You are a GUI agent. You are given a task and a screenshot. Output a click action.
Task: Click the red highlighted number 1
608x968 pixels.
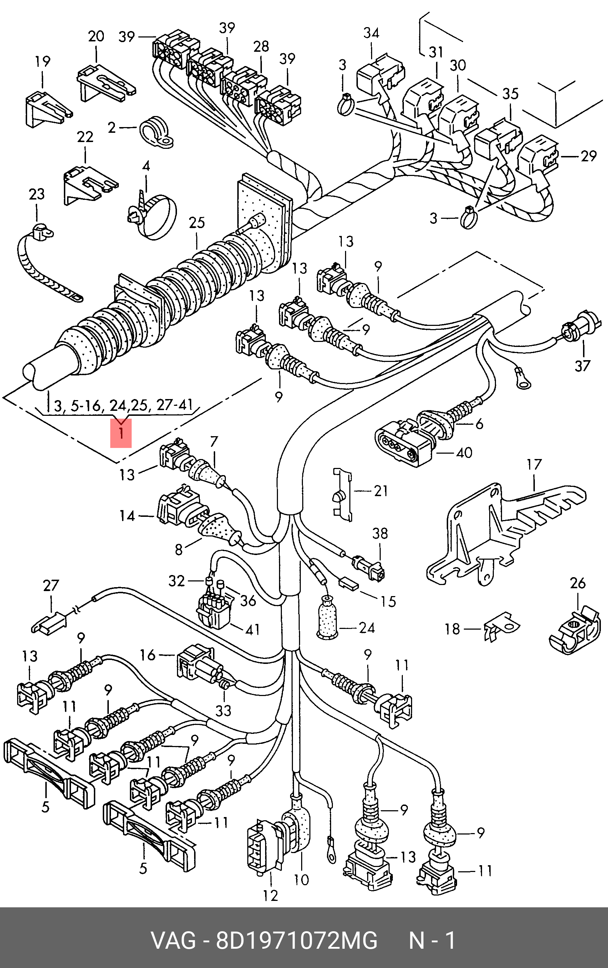(x=121, y=433)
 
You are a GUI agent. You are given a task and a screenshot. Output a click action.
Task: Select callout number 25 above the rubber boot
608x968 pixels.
(x=197, y=223)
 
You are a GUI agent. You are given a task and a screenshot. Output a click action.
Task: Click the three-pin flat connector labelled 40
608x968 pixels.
(x=404, y=445)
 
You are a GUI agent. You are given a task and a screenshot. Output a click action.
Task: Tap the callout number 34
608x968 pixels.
(x=371, y=33)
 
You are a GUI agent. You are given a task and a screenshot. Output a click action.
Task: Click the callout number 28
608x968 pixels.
(x=261, y=46)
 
